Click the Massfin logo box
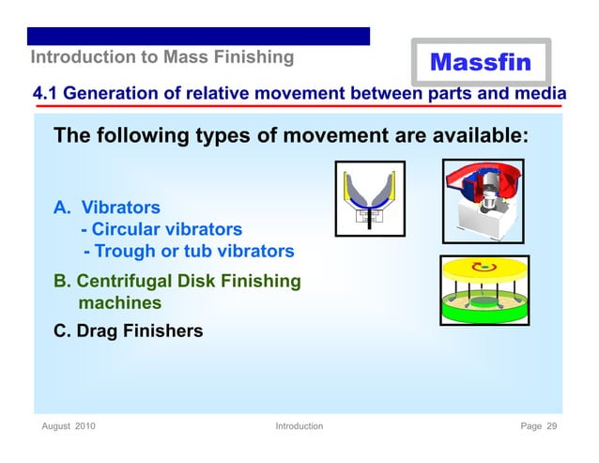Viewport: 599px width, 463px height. pyautogui.click(x=480, y=62)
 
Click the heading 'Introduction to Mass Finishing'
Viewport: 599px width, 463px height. pyautogui.click(x=162, y=57)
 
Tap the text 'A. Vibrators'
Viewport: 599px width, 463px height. pyautogui.click(x=106, y=207)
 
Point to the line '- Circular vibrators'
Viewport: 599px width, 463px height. pyautogui.click(x=161, y=229)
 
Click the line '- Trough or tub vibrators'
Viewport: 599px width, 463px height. pyautogui.click(x=189, y=252)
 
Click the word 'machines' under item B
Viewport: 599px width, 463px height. pyautogui.click(x=119, y=303)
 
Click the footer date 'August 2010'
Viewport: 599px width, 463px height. pyautogui.click(x=69, y=426)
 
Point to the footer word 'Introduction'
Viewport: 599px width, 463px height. pyautogui.click(x=299, y=426)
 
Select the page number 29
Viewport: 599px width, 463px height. pyautogui.click(x=551, y=426)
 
